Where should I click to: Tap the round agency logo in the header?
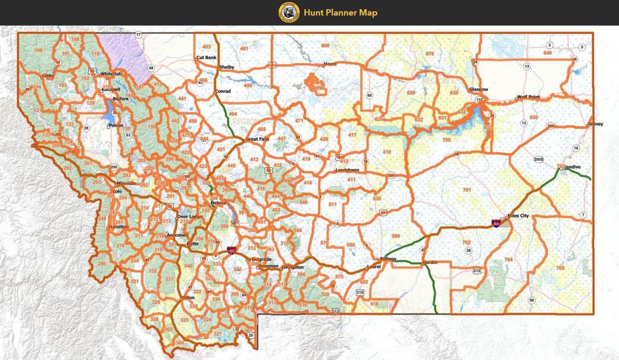coord(288,12)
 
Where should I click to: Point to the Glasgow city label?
coord(478,89)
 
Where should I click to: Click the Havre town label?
coord(313,63)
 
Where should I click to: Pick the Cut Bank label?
coord(206,57)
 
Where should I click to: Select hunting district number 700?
coord(446,140)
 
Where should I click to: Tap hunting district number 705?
coord(560,267)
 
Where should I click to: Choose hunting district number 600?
coord(325,45)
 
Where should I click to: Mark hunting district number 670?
coord(430,54)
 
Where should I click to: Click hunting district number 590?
coord(395,236)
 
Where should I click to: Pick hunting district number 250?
coord(102,264)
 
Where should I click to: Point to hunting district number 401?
coord(244,48)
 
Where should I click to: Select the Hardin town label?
coord(430,263)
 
